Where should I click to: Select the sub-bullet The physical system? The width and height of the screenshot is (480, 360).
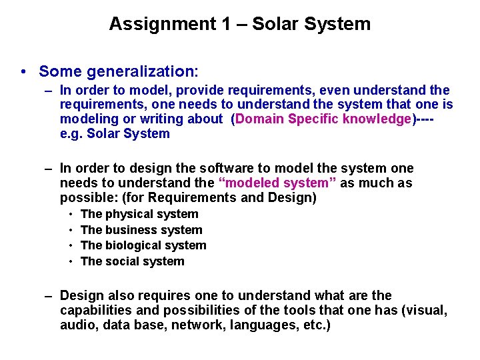click(139, 214)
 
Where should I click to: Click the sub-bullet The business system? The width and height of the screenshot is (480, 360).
click(141, 230)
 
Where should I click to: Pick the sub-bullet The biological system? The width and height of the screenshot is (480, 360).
click(143, 245)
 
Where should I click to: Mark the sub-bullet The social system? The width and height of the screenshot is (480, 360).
click(132, 261)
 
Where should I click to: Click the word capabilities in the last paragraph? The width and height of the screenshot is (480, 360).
click(93, 310)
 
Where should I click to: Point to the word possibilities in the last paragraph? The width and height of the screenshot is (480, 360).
click(195, 310)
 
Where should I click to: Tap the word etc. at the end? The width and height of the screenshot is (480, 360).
click(315, 325)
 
